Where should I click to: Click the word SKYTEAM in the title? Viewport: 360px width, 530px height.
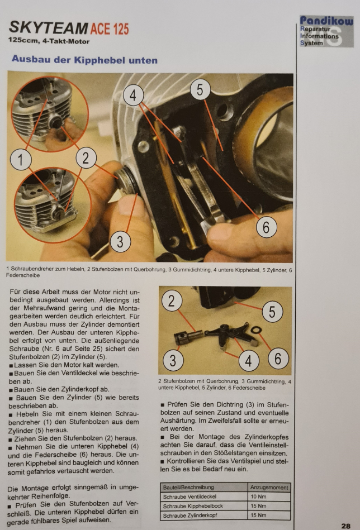(x=49, y=28)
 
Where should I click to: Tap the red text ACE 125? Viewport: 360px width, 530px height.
(x=110, y=29)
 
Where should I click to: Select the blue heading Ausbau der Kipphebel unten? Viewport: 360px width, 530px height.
(x=84, y=60)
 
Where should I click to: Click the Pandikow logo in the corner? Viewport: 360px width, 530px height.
(x=326, y=31)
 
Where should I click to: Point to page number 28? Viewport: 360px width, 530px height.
(x=345, y=526)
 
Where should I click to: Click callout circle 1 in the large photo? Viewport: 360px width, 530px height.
(x=21, y=160)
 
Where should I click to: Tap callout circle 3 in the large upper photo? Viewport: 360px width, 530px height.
(x=120, y=241)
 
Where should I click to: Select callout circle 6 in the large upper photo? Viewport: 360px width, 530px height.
(x=266, y=227)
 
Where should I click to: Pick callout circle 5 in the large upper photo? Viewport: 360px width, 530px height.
(x=200, y=90)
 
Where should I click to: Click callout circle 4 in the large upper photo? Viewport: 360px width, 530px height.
(x=133, y=96)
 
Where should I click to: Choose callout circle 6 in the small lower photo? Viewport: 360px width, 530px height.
(x=278, y=359)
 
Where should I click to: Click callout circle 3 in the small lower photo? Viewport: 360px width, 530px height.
(x=173, y=360)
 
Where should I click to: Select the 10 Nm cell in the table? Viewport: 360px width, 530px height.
(x=269, y=496)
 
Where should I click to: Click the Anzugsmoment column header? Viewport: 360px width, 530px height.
(x=269, y=488)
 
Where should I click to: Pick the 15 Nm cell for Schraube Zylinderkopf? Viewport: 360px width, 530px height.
(x=269, y=515)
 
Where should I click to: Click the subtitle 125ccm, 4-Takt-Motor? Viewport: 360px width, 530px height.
(x=49, y=41)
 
